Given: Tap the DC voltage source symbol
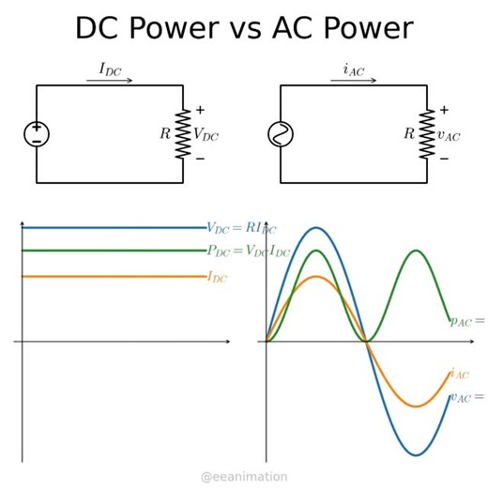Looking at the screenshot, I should (37, 134).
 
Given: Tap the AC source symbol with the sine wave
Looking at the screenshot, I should (280, 134).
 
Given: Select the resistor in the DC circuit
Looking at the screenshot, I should (182, 134).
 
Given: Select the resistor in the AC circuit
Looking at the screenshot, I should (426, 134).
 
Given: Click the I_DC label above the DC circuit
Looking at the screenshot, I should (110, 69).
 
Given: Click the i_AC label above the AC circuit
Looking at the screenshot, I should (353, 69).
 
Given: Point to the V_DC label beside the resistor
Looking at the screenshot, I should (206, 134).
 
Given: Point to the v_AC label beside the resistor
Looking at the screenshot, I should (449, 135).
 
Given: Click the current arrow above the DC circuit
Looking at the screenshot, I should (110, 81).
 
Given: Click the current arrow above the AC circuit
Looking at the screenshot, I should (353, 81).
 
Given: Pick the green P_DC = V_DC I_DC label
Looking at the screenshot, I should (248, 251).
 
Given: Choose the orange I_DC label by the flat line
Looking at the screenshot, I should (217, 277).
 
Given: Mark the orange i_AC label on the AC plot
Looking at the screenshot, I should (459, 374).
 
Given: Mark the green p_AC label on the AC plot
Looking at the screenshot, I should (466, 321).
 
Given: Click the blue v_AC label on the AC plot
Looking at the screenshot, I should (465, 397).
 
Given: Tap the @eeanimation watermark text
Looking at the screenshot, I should (244, 477).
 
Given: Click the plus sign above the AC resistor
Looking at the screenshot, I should (444, 110).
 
